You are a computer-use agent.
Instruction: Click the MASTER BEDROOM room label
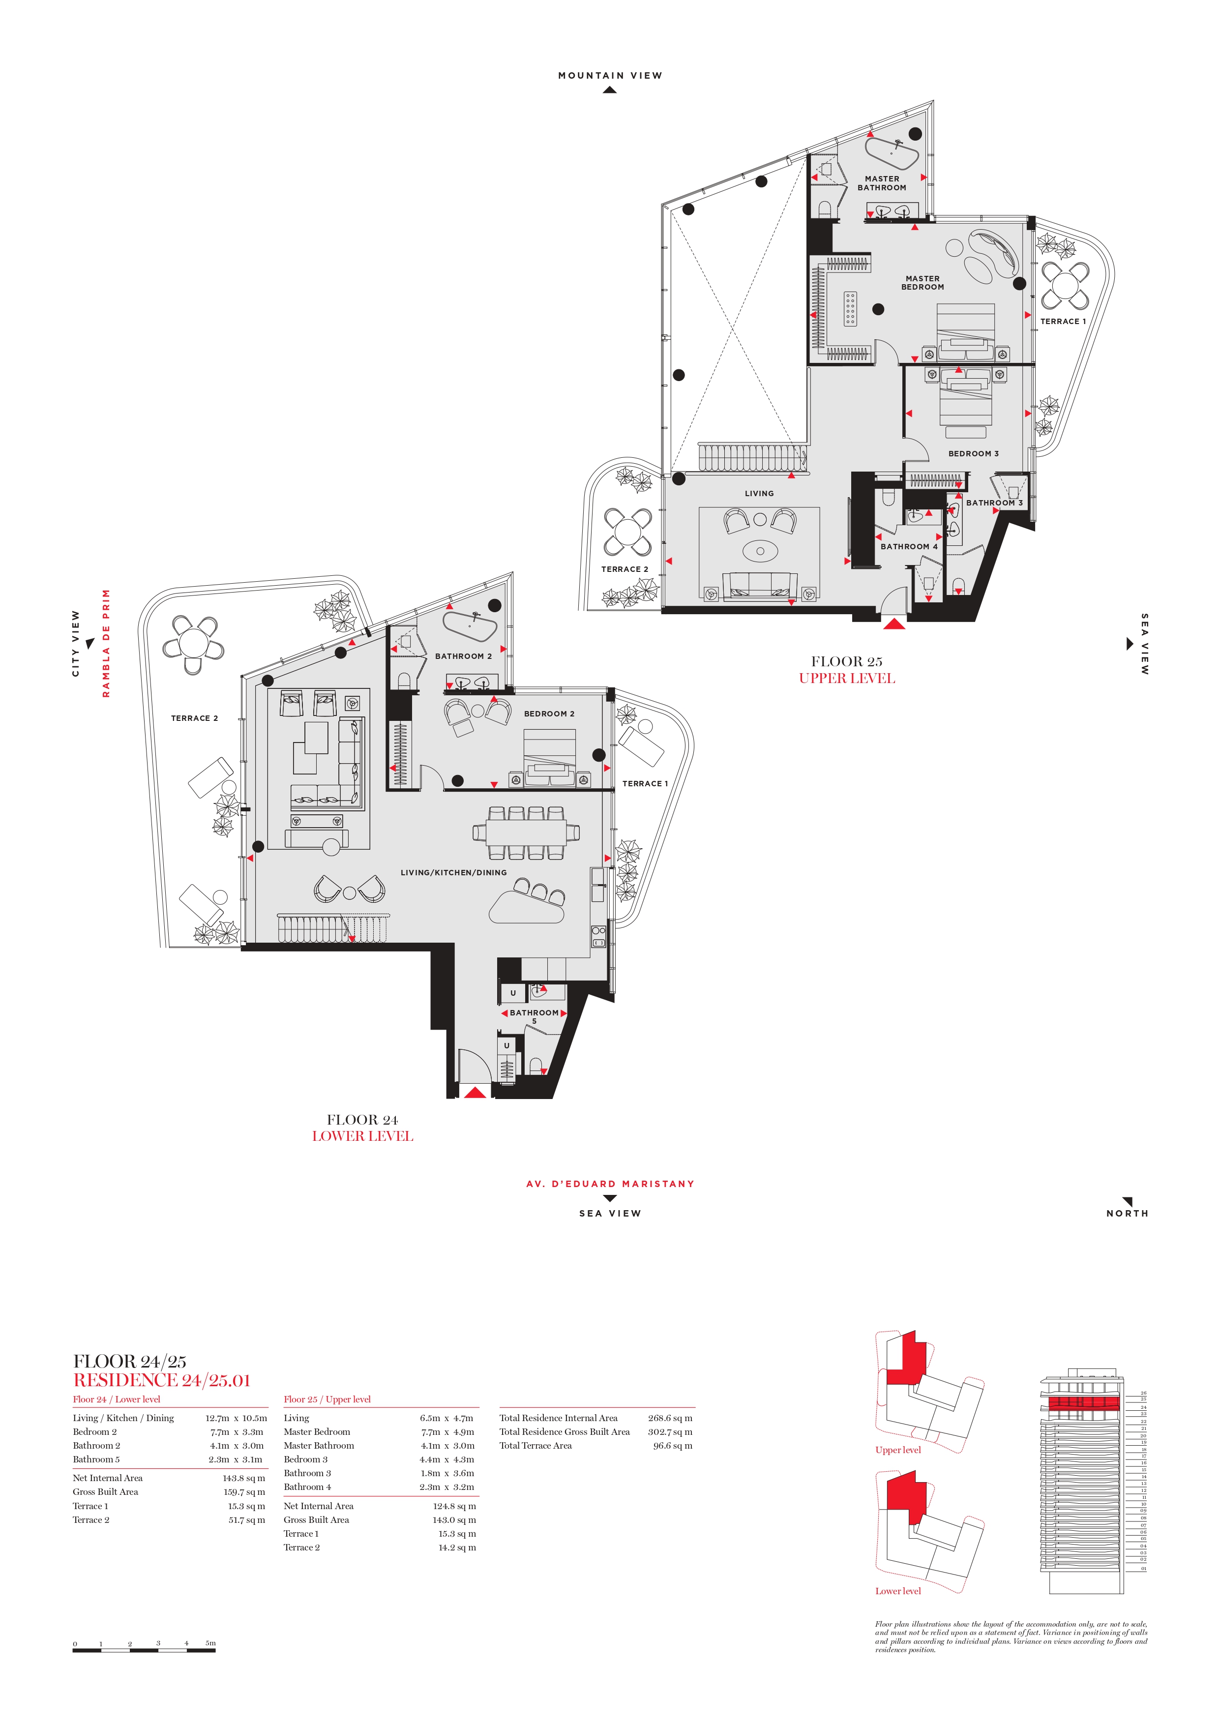click(x=922, y=282)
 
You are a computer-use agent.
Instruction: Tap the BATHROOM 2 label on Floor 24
click(x=464, y=656)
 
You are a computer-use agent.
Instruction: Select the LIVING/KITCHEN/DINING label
click(x=454, y=872)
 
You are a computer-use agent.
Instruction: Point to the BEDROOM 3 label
click(x=974, y=454)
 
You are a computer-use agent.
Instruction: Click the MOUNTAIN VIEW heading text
click(x=610, y=75)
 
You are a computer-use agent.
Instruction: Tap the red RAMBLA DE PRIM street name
click(x=106, y=643)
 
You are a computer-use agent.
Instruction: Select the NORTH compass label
click(x=1127, y=1214)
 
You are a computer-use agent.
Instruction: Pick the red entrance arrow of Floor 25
click(x=894, y=623)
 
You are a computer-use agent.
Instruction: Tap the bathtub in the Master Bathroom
click(x=892, y=154)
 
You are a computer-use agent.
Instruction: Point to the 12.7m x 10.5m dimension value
click(x=236, y=1419)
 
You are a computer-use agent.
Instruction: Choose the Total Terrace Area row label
click(x=536, y=1446)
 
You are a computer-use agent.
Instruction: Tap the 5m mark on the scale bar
click(x=210, y=1643)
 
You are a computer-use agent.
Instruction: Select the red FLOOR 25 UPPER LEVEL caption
click(x=847, y=678)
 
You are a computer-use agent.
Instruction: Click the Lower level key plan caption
click(x=898, y=1591)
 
